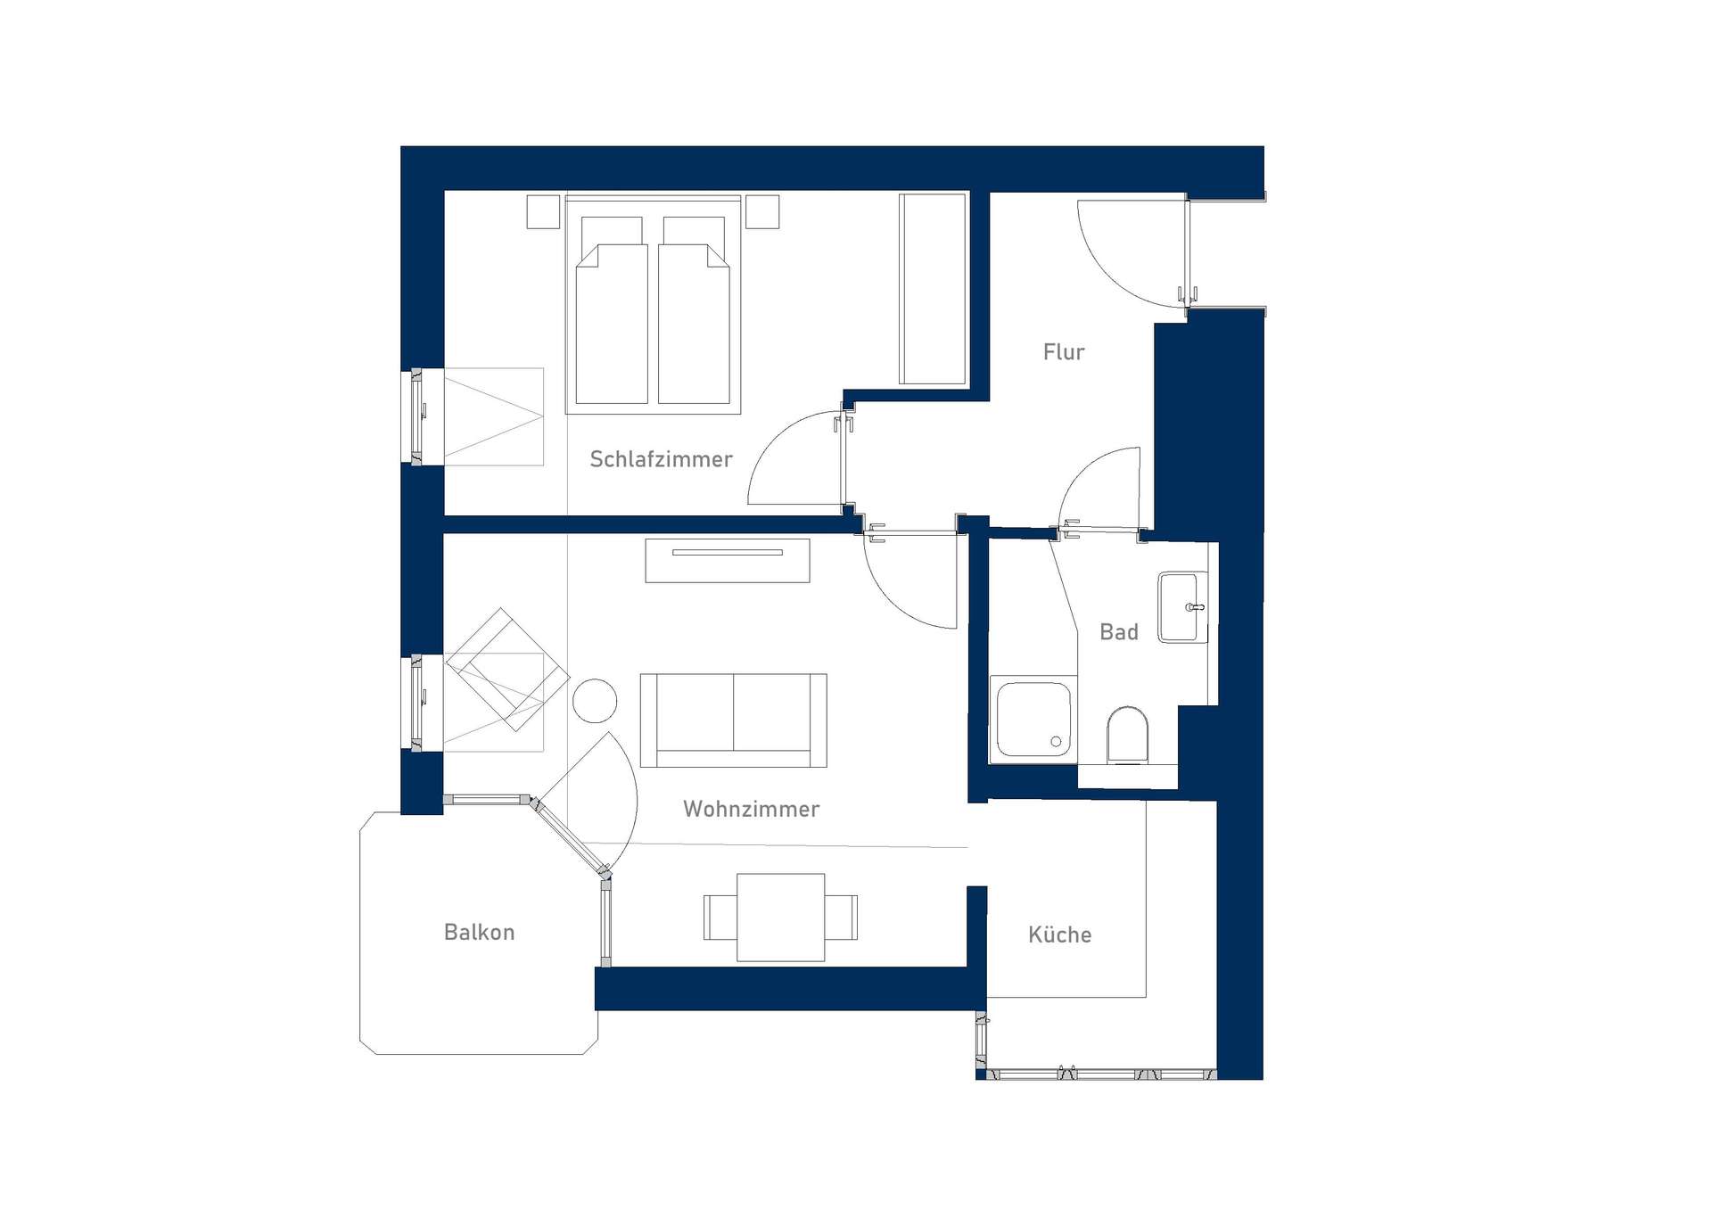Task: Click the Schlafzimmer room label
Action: [x=661, y=459]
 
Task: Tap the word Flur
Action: [x=1064, y=352]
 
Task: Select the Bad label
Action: [x=1119, y=632]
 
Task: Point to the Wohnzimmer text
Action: [x=751, y=809]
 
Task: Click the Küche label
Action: [x=1059, y=934]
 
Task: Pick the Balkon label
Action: [x=479, y=932]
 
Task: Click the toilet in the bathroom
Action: [x=1127, y=736]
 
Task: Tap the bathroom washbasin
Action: [x=1182, y=607]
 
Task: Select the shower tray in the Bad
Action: [x=1033, y=719]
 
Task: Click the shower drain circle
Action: [x=1056, y=741]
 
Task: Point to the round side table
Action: [x=595, y=701]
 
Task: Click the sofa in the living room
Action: [x=733, y=720]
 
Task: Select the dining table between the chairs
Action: [x=781, y=918]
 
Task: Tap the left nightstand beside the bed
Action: [x=543, y=211]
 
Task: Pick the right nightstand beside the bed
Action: [x=762, y=211]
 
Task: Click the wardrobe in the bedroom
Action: [x=933, y=289]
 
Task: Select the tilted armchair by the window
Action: [x=507, y=670]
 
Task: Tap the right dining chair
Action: [x=841, y=918]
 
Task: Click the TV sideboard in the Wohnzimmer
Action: [x=728, y=561]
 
